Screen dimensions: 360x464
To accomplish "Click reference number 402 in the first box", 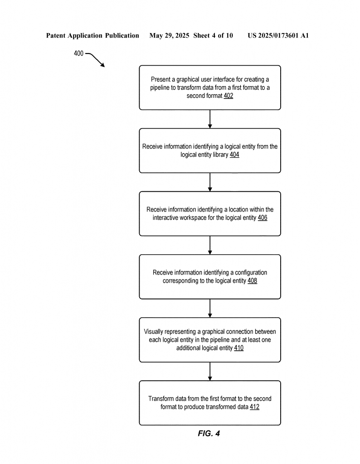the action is coord(228,96).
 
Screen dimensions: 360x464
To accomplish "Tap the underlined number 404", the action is coord(234,155).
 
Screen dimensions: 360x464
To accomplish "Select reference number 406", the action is coord(263,218).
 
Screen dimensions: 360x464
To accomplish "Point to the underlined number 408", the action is coord(252,281).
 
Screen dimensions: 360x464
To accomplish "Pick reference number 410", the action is coord(238,348).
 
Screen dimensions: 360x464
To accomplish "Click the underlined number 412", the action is coord(254,407).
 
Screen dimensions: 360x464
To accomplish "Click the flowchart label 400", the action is coord(78,53).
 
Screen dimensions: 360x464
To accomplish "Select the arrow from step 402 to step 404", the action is coord(210,119).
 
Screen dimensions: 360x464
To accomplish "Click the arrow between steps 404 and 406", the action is coord(210,182).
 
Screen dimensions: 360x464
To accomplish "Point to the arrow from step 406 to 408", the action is coord(210,245).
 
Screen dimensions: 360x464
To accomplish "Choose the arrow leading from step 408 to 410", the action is coord(210,308).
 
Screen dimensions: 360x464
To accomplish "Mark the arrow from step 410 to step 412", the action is coord(210,372).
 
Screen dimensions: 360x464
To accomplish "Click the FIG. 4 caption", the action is coord(209,434).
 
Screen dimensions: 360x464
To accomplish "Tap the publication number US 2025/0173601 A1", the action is coord(278,36).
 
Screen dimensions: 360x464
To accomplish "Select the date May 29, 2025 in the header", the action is coord(169,36).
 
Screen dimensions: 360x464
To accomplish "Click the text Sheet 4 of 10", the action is coord(213,36).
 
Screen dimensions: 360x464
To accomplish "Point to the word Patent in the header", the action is coord(56,36).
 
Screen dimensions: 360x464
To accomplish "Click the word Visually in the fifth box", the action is coord(153,332).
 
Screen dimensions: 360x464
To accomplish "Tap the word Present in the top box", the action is coord(161,79).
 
